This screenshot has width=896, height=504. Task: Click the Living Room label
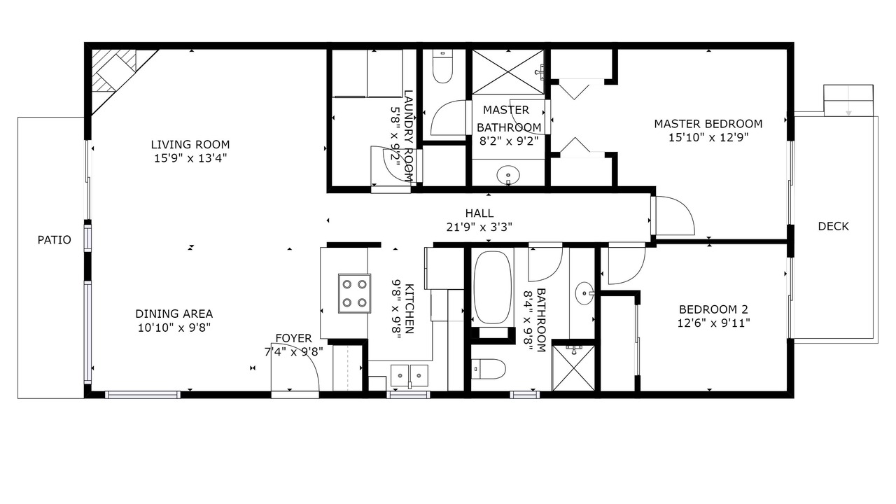pos(190,144)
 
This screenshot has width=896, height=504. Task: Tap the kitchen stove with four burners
pos(354,293)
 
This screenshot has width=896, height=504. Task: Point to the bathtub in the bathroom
pos(492,287)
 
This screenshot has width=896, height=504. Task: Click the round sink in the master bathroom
pos(508,175)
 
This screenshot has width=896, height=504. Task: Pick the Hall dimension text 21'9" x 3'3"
pos(479,227)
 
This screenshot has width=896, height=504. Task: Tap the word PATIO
pos(55,239)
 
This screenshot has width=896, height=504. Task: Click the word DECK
pos(833,226)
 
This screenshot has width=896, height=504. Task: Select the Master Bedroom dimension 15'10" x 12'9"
pos(708,138)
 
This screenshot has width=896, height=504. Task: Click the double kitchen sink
pos(409,376)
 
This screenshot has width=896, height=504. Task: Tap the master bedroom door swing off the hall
pos(674,215)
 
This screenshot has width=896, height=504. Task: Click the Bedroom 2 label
pos(713,309)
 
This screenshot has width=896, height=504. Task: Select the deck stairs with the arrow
pos(848,100)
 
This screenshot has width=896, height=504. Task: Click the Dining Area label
pos(174,314)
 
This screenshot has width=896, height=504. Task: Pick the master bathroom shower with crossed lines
pos(508,72)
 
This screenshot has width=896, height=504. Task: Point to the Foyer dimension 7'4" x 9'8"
pos(293,352)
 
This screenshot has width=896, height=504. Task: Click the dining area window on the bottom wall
pos(143,395)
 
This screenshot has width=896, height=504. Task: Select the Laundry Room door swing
pos(392,164)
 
